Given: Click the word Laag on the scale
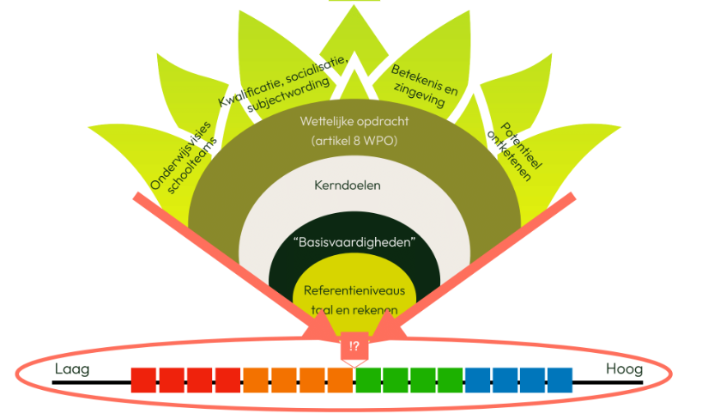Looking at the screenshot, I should coord(72,369).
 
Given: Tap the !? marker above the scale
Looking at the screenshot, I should coord(354,348).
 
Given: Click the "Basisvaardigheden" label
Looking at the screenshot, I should coord(354,243).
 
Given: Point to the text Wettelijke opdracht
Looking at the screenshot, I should coord(353,121).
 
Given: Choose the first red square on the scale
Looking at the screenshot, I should coord(144,380).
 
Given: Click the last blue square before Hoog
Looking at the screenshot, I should coord(560,380).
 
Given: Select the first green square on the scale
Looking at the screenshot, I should coord(368,380).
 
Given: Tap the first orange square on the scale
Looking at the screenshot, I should coord(256,380).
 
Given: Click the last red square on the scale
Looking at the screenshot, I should coord(227,380).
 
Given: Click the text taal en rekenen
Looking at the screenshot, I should coord(354,311).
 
